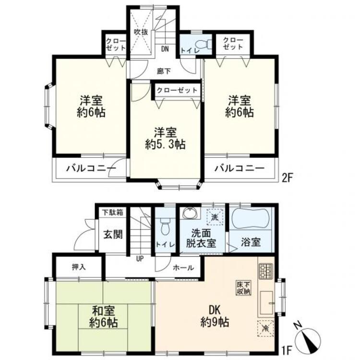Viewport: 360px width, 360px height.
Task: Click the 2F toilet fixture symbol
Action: pyautogui.click(x=204, y=44)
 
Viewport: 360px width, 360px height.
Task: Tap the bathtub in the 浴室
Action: pyautogui.click(x=250, y=219)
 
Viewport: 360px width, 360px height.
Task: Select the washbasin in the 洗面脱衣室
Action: pyautogui.click(x=190, y=214)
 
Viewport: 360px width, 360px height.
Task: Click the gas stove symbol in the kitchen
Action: pyautogui.click(x=266, y=271)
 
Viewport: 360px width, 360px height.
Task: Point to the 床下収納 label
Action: pyautogui.click(x=243, y=288)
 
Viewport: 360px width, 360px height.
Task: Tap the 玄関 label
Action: pyautogui.click(x=113, y=235)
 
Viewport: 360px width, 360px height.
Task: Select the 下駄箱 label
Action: pyautogui.click(x=112, y=212)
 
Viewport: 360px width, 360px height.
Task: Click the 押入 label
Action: pyautogui.click(x=79, y=267)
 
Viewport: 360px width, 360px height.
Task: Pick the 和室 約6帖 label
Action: pyautogui.click(x=103, y=317)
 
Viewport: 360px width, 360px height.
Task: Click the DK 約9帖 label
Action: pyautogui.click(x=215, y=316)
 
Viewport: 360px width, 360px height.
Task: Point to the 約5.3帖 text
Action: pyautogui.click(x=165, y=144)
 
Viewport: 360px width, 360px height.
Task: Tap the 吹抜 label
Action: pyautogui.click(x=141, y=32)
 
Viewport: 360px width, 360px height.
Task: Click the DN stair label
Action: pyautogui.click(x=165, y=48)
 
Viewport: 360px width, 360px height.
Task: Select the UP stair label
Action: pyautogui.click(x=140, y=259)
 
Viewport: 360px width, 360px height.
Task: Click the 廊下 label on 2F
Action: pyautogui.click(x=164, y=72)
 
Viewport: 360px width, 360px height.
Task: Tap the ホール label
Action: pyautogui.click(x=183, y=268)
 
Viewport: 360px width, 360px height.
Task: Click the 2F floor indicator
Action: pyautogui.click(x=288, y=178)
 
